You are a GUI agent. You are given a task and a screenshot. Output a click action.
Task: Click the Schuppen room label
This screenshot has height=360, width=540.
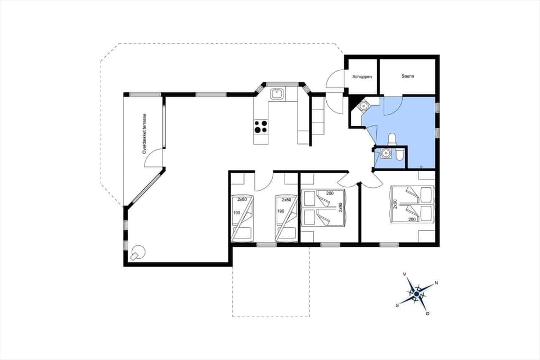[x=362, y=76]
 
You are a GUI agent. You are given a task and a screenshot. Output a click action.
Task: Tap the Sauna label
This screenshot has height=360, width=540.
[x=408, y=76]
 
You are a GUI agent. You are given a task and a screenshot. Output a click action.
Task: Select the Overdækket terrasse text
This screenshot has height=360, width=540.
[x=145, y=133]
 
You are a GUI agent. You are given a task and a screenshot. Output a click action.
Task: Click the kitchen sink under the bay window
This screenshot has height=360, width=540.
[x=276, y=94]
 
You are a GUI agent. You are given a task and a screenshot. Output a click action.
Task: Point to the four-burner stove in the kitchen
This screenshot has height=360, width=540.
[x=261, y=127]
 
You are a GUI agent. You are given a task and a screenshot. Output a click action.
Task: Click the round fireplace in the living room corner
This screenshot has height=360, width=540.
[x=138, y=253]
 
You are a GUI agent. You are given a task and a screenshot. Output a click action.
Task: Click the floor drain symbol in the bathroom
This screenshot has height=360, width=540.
[x=422, y=166]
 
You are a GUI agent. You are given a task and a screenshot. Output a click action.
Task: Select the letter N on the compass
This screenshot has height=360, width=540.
[x=436, y=283]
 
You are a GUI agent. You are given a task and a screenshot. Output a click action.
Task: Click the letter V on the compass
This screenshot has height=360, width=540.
[x=404, y=274]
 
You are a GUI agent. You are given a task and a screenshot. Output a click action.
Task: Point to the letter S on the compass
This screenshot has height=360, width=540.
[x=397, y=305]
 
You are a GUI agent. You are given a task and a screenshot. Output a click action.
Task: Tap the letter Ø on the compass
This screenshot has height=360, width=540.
[x=427, y=313]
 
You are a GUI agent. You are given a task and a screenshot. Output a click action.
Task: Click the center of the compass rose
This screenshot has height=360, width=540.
[x=416, y=293]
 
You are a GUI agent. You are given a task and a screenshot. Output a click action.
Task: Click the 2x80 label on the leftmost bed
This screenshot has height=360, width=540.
[x=242, y=200]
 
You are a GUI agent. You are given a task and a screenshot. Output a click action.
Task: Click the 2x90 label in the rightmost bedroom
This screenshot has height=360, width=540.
[x=395, y=204]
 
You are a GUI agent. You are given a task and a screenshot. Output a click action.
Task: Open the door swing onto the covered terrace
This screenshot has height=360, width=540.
[x=154, y=159]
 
